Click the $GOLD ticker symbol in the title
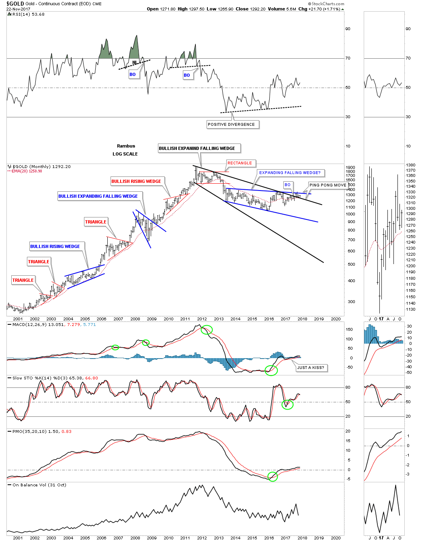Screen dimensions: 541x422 15,4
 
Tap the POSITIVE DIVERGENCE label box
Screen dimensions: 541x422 231,125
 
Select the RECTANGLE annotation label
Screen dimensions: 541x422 240,163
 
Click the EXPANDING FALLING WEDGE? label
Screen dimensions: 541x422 290,173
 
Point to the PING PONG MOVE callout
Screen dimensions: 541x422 328,185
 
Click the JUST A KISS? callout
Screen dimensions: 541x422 310,368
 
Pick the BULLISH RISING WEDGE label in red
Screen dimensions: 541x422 136,182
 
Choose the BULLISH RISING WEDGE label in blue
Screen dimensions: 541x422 55,247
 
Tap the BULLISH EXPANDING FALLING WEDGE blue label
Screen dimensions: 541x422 98,197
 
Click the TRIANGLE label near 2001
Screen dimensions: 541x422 23,281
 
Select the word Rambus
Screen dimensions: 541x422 126,146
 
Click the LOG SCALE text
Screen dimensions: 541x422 125,154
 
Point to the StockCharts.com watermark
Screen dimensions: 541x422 326,4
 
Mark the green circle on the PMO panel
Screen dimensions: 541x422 272,477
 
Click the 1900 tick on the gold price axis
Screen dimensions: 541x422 350,168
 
